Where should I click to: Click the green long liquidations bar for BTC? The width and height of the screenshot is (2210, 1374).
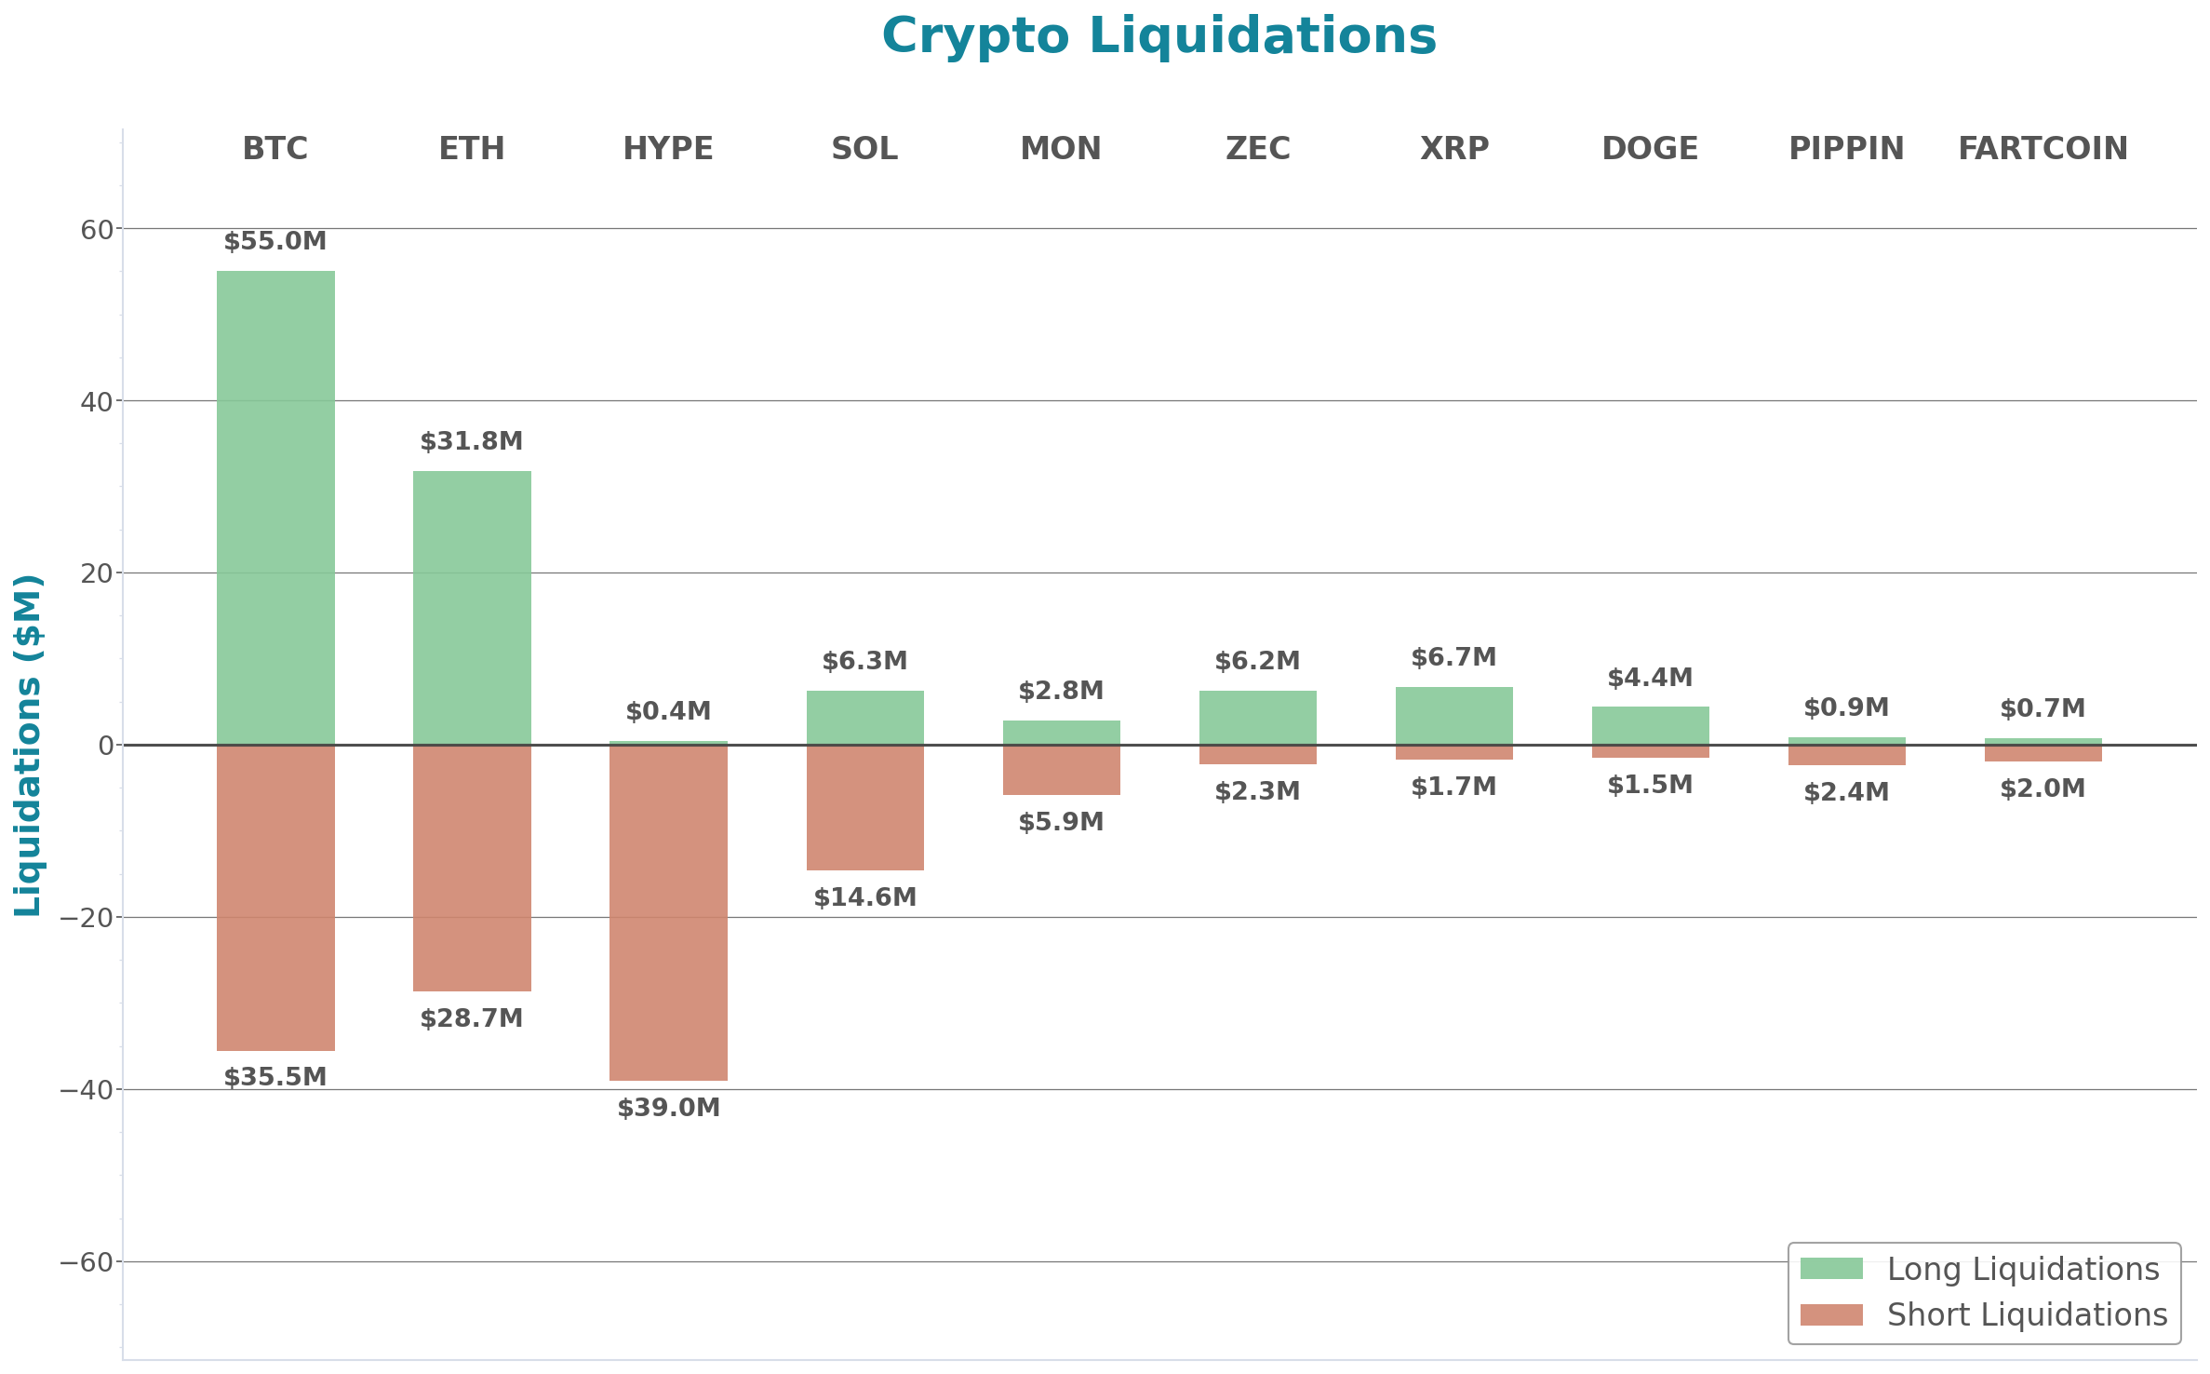pos(275,507)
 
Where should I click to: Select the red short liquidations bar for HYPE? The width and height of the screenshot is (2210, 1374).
pos(668,912)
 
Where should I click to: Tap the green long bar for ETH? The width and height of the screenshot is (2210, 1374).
pos(472,607)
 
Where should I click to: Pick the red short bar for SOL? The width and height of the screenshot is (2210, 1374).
pos(864,807)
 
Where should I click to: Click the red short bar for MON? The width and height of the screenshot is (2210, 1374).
pos(1061,770)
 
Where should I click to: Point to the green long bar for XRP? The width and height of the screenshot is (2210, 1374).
pos(1453,715)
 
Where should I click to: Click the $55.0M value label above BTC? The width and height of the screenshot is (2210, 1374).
pos(275,241)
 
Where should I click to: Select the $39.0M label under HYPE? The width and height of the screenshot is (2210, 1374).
pos(668,1108)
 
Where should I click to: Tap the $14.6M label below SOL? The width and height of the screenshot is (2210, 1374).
pos(864,897)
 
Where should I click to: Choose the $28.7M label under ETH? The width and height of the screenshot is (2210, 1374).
pos(472,1018)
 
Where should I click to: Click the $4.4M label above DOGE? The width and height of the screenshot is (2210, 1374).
pos(1650,678)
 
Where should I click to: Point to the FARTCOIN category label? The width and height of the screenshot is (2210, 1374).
pos(2043,148)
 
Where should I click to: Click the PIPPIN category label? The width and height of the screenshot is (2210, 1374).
pos(1846,148)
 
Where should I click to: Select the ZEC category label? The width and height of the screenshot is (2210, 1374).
pos(1257,148)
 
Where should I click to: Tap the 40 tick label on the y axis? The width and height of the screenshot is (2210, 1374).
pos(96,401)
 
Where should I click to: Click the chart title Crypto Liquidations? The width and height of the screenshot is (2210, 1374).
pos(1159,36)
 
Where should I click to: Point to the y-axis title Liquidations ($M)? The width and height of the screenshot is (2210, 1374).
pos(28,745)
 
